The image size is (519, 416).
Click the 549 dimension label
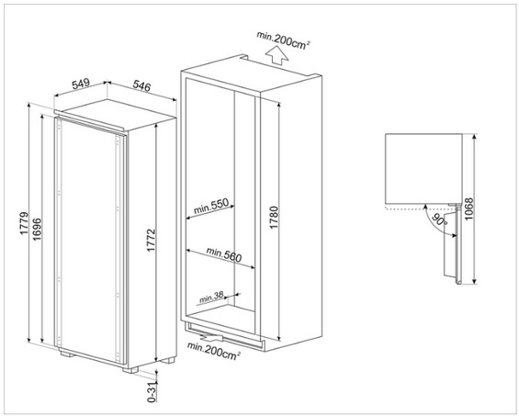[x=81, y=84]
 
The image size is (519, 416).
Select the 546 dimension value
[x=141, y=85]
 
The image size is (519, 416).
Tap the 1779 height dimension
[x=24, y=223]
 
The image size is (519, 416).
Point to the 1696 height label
[x=37, y=229]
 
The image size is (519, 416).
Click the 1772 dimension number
[x=151, y=240]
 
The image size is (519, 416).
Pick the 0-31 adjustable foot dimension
[x=152, y=391]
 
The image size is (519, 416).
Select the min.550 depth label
[x=211, y=206]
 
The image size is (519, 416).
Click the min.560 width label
[x=224, y=254]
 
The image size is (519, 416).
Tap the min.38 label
[x=211, y=297]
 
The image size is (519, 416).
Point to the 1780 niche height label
[x=274, y=217]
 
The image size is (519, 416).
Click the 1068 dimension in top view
[x=469, y=209]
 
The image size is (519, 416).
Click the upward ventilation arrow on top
[x=277, y=55]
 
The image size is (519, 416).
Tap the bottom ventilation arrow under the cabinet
[x=212, y=337]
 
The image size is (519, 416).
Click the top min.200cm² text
[x=284, y=40]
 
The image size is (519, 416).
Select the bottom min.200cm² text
[x=214, y=351]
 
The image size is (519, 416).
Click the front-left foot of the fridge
[x=68, y=354]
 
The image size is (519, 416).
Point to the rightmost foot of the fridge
[x=167, y=360]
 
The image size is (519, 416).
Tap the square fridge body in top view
[x=423, y=168]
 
